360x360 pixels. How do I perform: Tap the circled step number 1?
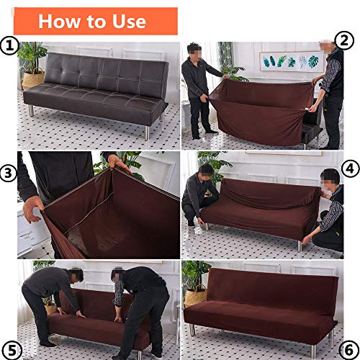[x=9, y=48]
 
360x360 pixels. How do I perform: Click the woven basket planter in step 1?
[x=33, y=78]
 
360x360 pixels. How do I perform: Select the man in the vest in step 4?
[x=328, y=209]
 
